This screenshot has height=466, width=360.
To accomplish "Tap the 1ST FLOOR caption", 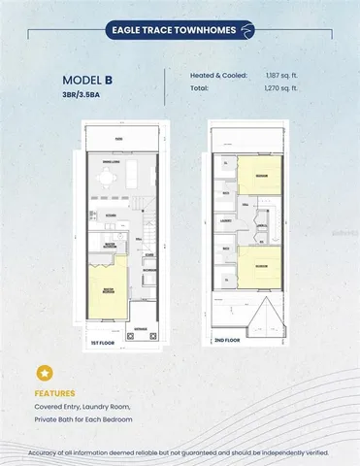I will (x=104, y=343).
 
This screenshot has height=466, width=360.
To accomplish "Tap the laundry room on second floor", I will (x=226, y=220).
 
